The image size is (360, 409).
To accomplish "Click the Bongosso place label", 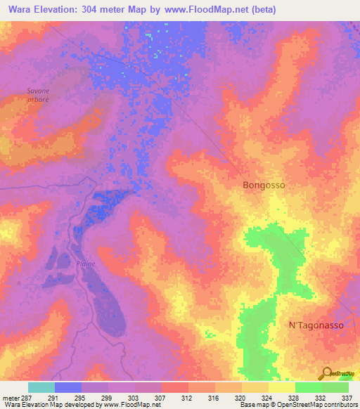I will (264, 186).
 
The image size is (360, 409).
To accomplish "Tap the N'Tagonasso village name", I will (316, 325).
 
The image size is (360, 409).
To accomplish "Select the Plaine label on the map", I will (86, 264).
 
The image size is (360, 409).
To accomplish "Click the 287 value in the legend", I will (26, 397).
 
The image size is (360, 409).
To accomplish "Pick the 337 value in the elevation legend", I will (347, 397).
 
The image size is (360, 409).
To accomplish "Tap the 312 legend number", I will (187, 397).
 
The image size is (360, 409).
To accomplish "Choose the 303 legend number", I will (134, 397).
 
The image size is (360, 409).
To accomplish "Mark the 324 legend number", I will (267, 397).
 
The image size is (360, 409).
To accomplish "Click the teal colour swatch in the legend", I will (41, 387).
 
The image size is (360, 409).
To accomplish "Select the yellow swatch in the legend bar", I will (281, 387).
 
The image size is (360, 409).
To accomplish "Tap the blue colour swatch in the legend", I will (68, 387).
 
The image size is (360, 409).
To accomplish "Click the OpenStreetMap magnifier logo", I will (327, 374).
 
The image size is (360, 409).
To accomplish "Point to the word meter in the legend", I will (10, 397).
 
